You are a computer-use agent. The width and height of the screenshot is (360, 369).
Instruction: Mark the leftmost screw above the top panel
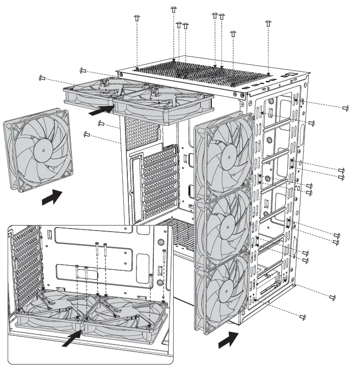point(136,18)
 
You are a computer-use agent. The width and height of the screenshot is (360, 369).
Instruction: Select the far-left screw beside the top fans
point(42,78)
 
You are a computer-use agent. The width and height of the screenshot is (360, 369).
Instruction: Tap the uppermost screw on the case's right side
point(346,108)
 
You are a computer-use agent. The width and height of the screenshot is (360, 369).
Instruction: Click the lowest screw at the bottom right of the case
point(302,317)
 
